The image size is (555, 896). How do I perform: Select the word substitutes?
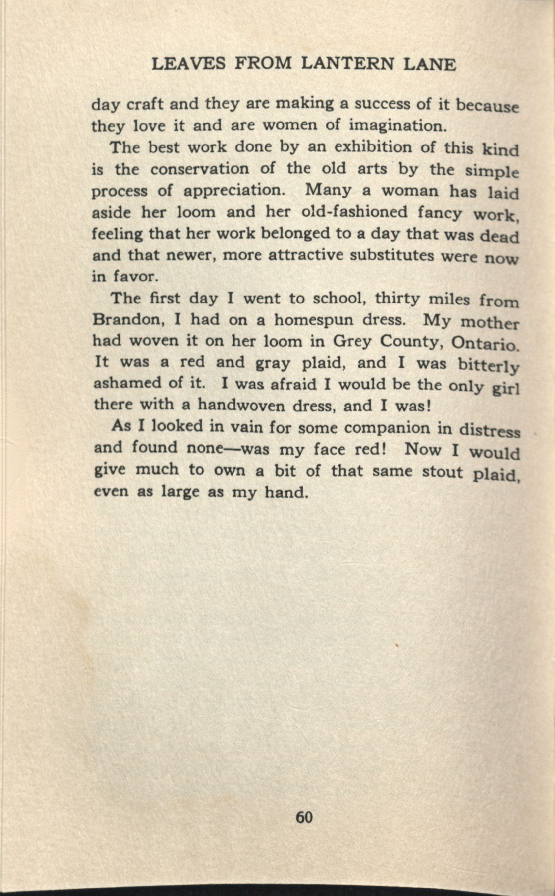[394, 255]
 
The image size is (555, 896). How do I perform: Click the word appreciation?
[233, 191]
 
